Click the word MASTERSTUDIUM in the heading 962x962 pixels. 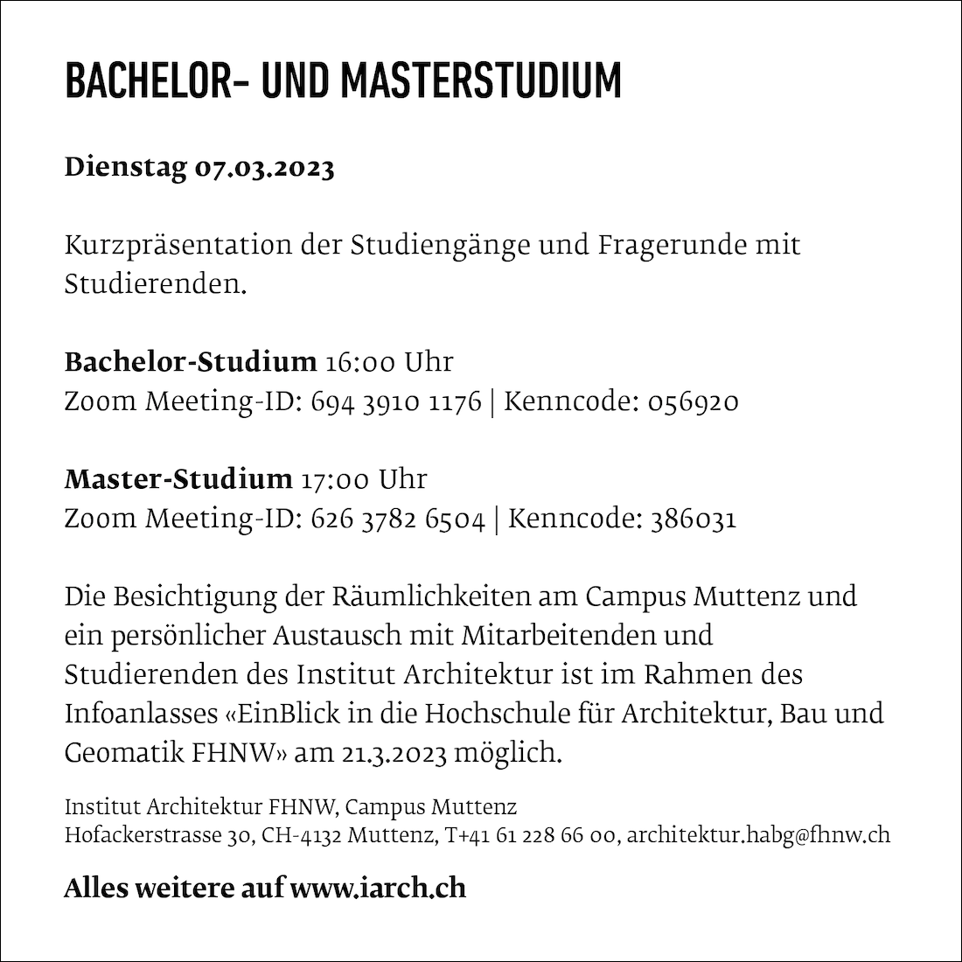(480, 81)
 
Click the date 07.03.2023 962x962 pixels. (264, 167)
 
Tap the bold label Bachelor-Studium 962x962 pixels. (191, 361)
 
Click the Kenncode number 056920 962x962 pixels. (693, 401)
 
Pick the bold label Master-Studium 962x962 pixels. (178, 479)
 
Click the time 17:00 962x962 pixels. (337, 479)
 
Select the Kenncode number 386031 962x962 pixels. (693, 519)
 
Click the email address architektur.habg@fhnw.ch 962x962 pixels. (759, 834)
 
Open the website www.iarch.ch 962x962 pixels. (378, 888)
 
